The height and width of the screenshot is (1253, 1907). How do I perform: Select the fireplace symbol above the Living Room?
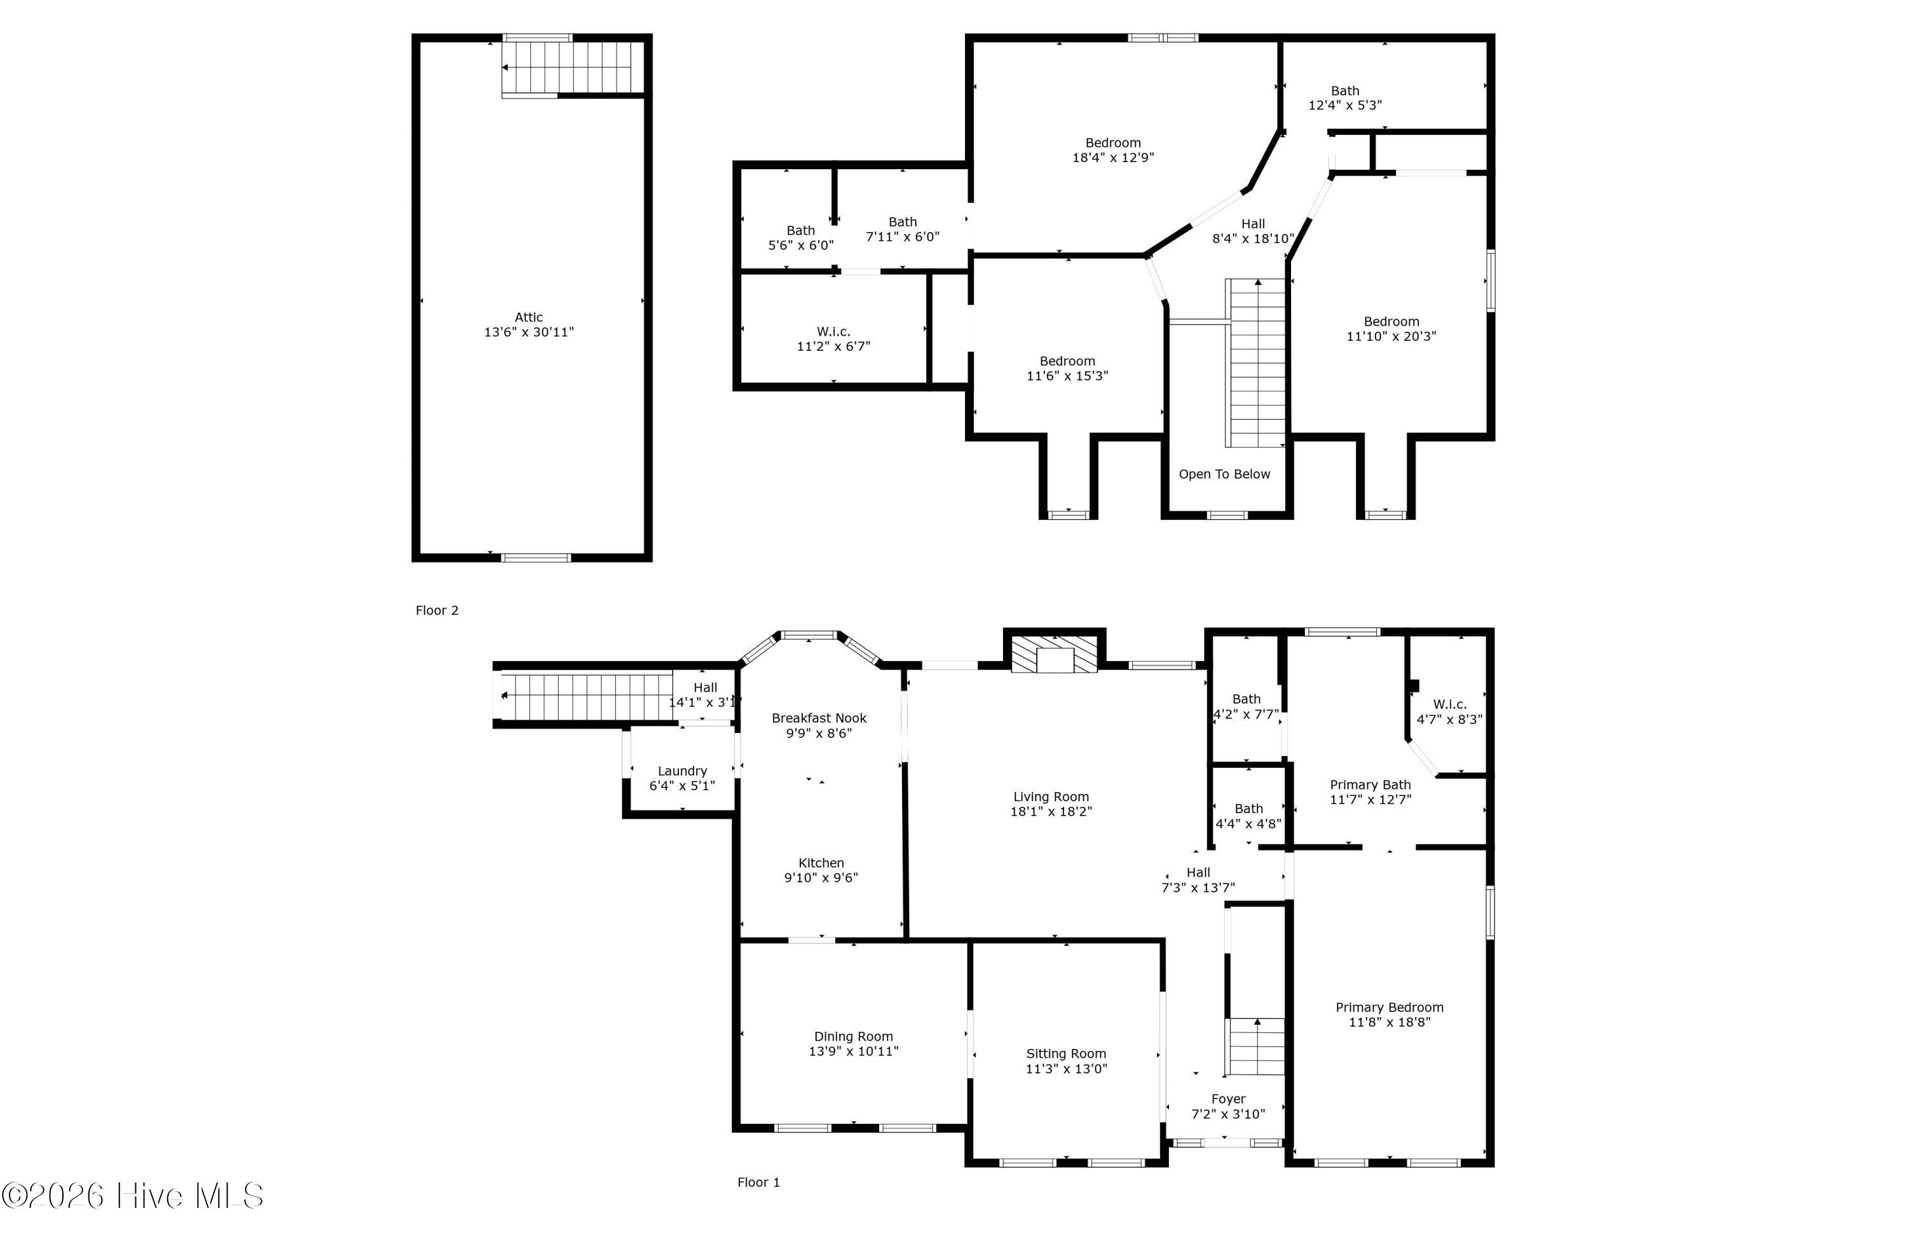[x=1055, y=655]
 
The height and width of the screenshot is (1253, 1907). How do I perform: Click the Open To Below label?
[x=1224, y=474]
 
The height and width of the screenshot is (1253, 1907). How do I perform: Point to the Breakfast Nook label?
[x=819, y=718]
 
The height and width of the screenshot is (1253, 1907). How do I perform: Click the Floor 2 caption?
[x=437, y=610]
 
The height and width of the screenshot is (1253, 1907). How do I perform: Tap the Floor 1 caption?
[x=758, y=1182]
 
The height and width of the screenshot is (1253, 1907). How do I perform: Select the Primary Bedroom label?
[x=1390, y=1008]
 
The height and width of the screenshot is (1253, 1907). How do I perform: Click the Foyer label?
[x=1228, y=1099]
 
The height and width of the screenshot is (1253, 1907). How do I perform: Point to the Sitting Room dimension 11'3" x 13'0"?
[x=1067, y=1069]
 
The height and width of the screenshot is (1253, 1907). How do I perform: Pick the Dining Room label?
[x=853, y=1037]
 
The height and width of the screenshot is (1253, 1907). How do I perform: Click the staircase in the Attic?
[x=573, y=67]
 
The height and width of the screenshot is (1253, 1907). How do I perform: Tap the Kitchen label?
[x=821, y=863]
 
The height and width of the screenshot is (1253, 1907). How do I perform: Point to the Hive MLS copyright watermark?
[x=132, y=1196]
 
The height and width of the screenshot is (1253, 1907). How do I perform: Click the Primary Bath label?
[x=1370, y=785]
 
